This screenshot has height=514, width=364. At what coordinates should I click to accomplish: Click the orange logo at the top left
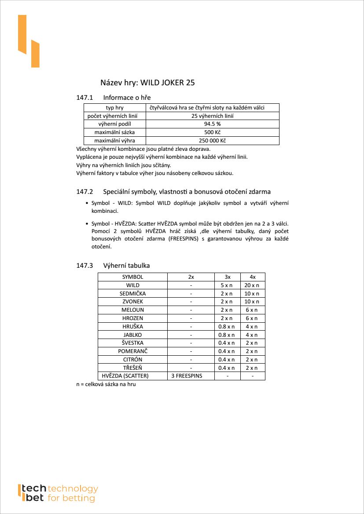coord(29,41)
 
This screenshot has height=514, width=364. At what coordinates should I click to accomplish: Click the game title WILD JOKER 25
coord(147,82)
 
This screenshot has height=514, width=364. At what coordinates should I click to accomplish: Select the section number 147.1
coord(85,97)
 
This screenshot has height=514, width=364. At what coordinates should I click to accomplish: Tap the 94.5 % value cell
coord(212,124)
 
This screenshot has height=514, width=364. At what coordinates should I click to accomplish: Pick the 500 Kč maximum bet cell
coord(212,132)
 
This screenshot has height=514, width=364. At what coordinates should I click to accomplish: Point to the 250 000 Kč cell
coord(212,141)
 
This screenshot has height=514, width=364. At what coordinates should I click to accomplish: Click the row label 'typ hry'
coord(114,108)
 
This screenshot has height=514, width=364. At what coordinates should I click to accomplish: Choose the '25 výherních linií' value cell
coord(212,116)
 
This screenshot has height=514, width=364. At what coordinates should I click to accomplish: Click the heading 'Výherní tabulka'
coord(126,266)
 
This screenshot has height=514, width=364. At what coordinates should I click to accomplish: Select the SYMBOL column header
coord(132,277)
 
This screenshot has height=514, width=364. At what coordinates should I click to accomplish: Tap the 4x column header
coord(252,277)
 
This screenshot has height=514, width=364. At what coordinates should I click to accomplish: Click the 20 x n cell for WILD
coord(252,285)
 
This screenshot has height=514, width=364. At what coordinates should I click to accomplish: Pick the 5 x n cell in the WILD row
coord(227,285)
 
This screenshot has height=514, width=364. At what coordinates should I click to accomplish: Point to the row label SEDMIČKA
coord(132,293)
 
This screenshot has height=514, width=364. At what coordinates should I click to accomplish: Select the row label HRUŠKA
coord(132,327)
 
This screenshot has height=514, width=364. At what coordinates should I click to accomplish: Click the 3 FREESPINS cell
coord(191,376)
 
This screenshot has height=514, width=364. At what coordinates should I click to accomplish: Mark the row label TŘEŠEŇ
coord(132,368)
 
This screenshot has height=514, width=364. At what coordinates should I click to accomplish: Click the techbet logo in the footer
coord(58,493)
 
